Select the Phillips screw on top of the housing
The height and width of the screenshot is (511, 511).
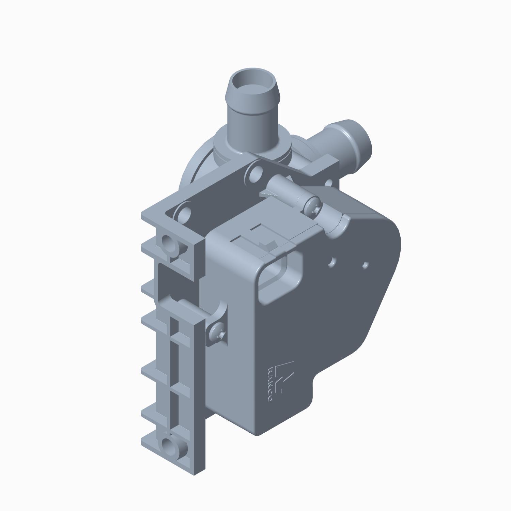point(312,206)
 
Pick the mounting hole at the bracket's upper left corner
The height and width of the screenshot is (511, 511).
point(169,243)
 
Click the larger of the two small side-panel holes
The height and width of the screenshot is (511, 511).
point(332,262)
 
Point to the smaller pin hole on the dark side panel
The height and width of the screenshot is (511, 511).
point(366,264)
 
